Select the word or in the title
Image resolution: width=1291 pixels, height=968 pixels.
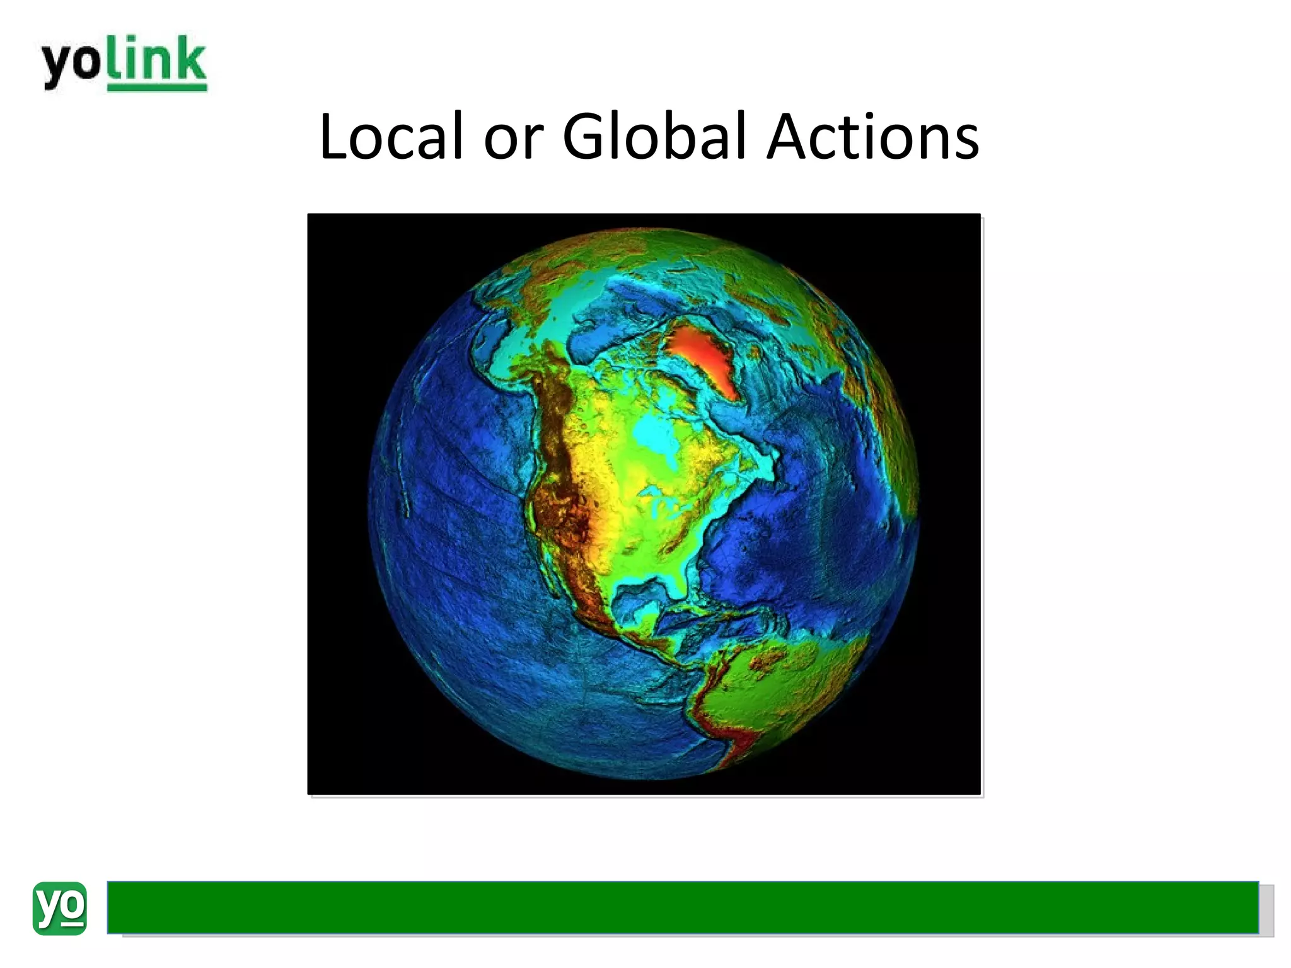[513, 137]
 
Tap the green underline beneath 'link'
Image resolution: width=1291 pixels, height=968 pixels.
[157, 88]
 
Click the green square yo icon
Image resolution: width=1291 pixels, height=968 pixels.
[59, 908]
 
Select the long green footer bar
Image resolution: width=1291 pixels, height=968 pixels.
[682, 907]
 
